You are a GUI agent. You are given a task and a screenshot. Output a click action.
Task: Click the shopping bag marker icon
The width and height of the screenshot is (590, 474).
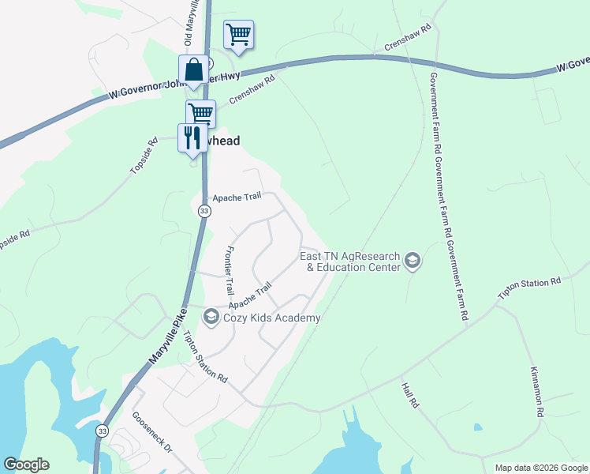(193, 70)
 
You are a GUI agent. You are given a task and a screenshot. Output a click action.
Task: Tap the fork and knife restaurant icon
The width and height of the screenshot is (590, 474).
(192, 138)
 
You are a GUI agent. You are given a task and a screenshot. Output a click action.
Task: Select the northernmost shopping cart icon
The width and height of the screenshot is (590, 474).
(238, 35)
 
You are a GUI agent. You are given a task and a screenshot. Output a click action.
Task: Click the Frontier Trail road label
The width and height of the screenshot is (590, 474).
(230, 269)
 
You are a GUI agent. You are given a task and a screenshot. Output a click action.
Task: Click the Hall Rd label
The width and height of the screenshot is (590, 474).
(409, 395)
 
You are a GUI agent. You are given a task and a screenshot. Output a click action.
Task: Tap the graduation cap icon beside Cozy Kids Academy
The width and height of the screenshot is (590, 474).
(211, 318)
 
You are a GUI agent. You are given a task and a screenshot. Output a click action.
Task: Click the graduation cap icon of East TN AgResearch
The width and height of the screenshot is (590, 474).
(412, 261)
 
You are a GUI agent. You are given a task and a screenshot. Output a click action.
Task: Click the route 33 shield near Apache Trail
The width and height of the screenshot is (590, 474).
(204, 211)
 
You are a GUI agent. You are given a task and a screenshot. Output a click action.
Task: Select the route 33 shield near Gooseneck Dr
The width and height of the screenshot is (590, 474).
(102, 431)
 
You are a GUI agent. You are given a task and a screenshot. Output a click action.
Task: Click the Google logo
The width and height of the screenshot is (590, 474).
(26, 465)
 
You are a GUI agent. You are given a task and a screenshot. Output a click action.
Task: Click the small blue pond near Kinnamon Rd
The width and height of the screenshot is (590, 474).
(478, 427)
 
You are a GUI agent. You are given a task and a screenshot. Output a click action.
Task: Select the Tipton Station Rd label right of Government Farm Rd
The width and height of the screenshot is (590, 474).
(528, 288)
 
